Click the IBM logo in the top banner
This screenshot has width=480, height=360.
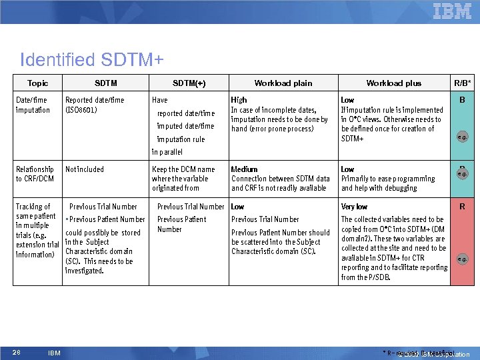pyautogui.click(x=452, y=11)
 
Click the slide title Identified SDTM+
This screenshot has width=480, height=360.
pyautogui.click(x=92, y=60)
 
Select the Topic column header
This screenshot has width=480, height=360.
pyautogui.click(x=37, y=83)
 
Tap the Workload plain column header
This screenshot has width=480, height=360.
pyautogui.click(x=283, y=83)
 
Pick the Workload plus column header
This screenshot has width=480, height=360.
pyautogui.click(x=393, y=83)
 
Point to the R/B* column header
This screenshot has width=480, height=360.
pyautogui.click(x=463, y=83)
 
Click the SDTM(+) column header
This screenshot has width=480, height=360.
pyautogui.click(x=189, y=83)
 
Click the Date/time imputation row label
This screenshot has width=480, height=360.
pyautogui.click(x=33, y=105)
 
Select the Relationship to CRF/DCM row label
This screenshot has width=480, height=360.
pyautogui.click(x=35, y=174)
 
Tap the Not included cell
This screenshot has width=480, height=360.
pyautogui.click(x=85, y=169)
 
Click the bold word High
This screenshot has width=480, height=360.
pyautogui.click(x=239, y=100)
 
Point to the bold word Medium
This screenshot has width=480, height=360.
pyautogui.click(x=244, y=169)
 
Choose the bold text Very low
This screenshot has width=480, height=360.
pyautogui.click(x=354, y=207)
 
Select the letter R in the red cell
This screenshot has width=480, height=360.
pyautogui.click(x=462, y=207)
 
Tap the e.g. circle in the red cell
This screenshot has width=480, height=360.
pyautogui.click(x=462, y=258)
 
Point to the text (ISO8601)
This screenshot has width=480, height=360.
pyautogui.click(x=81, y=109)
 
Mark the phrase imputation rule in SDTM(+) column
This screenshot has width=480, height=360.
pyautogui.click(x=181, y=139)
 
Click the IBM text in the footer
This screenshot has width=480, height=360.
pyautogui.click(x=55, y=353)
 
